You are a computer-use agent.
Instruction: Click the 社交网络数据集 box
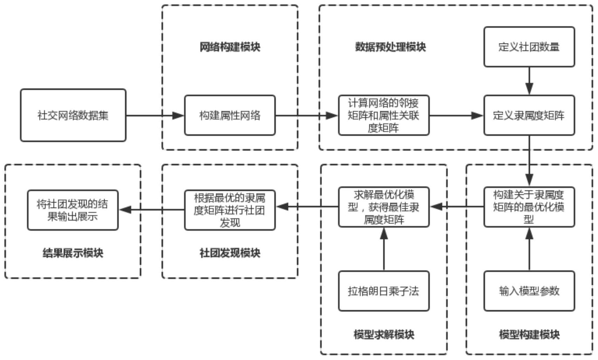[x=73, y=115]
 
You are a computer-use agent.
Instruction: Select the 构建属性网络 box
[x=230, y=115]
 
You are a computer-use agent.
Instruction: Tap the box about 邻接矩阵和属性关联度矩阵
[x=383, y=115]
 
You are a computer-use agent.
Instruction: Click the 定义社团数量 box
[x=529, y=47]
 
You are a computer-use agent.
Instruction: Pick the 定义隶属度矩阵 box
[x=529, y=115]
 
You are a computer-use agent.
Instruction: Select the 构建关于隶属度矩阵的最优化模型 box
[x=529, y=207]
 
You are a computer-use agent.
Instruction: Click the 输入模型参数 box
[x=529, y=291]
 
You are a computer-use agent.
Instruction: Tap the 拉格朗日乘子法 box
[x=383, y=291]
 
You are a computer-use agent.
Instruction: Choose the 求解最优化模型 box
[x=383, y=207]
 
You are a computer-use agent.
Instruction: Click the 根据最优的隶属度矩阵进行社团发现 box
[x=230, y=210]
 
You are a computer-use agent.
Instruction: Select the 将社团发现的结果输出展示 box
[x=73, y=210]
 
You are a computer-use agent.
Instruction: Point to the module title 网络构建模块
[x=230, y=47]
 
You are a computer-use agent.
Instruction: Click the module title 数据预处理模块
[x=390, y=47]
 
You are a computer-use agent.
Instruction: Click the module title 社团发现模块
[x=230, y=253]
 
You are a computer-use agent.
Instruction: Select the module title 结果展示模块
[x=73, y=253]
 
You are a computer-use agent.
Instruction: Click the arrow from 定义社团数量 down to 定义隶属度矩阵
[x=529, y=81]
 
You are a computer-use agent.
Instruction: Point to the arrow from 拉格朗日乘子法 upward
[x=384, y=249]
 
